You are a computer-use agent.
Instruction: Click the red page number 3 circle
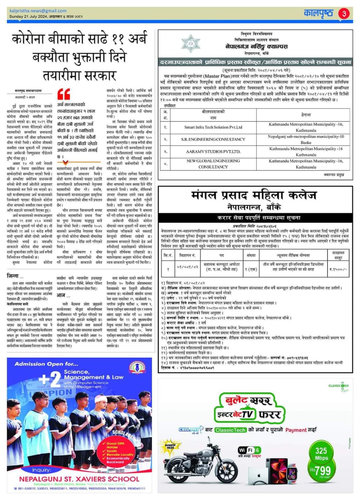[344, 13]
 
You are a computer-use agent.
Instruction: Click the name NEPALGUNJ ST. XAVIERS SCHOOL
[80, 479]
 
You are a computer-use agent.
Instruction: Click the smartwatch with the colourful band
[292, 471]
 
